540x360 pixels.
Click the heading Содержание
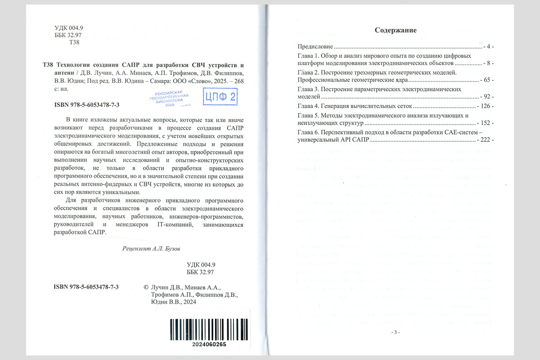click(396, 31)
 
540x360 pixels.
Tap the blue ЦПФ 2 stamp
click(220, 96)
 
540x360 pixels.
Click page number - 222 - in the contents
click(485, 140)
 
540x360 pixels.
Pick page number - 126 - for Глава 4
click(485, 106)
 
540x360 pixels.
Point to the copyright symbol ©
click(145, 287)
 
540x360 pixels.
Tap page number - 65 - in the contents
click(486, 80)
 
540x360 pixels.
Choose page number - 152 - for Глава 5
click(485, 123)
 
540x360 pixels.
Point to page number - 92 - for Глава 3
click(486, 96)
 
